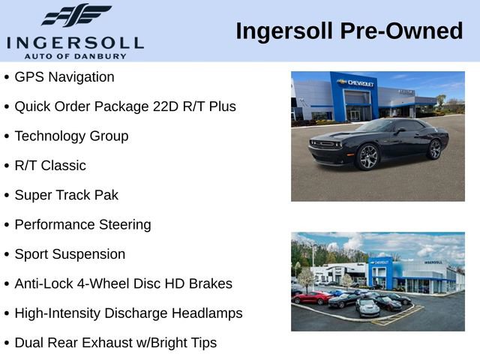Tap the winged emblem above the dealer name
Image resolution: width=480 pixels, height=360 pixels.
[x=76, y=15]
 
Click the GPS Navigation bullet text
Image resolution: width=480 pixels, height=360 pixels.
[x=64, y=77]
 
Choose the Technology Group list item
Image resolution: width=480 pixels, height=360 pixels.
[x=71, y=136]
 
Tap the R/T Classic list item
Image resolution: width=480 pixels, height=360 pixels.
[x=50, y=166]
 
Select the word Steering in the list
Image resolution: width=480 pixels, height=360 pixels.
[x=124, y=224]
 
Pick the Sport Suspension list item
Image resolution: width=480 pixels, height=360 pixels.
[x=70, y=254]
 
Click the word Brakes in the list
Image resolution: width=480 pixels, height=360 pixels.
[x=210, y=283]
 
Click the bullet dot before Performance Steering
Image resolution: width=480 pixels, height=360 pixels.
[x=7, y=225]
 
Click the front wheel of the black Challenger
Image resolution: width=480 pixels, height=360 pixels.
[x=368, y=157]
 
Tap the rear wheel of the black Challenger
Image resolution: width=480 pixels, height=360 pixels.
[x=435, y=148]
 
